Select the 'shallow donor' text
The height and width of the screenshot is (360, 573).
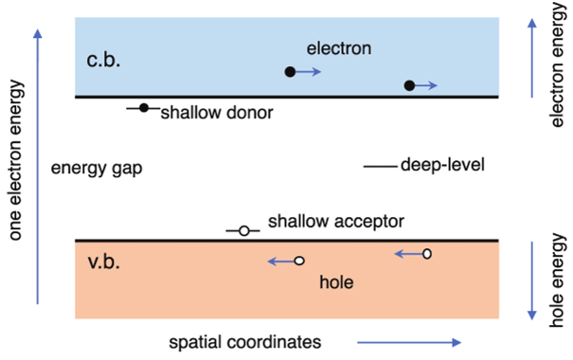point(216,113)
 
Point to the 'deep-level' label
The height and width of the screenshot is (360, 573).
point(442,166)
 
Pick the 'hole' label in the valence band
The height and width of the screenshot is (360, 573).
point(336,281)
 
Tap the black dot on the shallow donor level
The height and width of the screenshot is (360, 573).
point(144,108)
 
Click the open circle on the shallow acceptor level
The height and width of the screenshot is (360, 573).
point(243,230)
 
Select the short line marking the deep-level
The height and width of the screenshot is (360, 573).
point(380,166)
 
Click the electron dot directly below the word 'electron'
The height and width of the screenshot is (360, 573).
point(290,71)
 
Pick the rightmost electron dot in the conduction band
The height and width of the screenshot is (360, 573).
point(409,86)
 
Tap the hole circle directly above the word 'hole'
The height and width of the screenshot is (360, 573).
point(298,261)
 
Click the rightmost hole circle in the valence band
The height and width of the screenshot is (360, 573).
point(427,253)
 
